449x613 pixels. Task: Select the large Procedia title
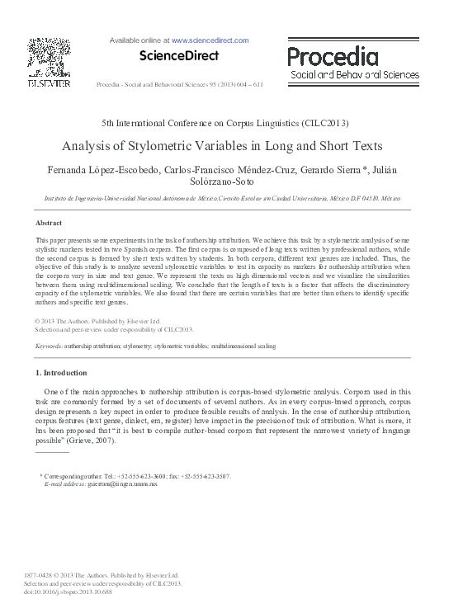click(333, 56)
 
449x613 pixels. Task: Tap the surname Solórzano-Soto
click(224, 182)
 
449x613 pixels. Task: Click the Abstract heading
click(49, 224)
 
